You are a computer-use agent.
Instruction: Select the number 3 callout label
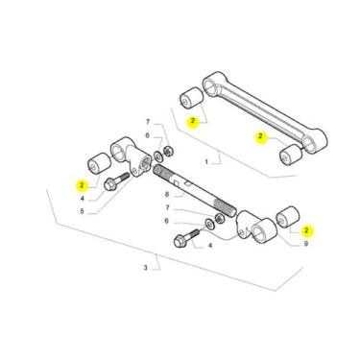click(x=145, y=268)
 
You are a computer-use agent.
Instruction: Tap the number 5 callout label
click(x=82, y=211)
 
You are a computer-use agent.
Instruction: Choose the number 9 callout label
click(x=305, y=245)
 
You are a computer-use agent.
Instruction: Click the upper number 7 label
click(x=148, y=122)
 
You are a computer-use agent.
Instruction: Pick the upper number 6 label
click(x=148, y=136)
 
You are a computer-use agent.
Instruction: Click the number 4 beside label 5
click(x=82, y=198)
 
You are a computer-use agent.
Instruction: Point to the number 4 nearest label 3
click(x=210, y=246)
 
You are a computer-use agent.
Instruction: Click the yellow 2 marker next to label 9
click(x=305, y=230)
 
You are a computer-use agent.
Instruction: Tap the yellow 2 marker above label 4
click(x=82, y=183)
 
